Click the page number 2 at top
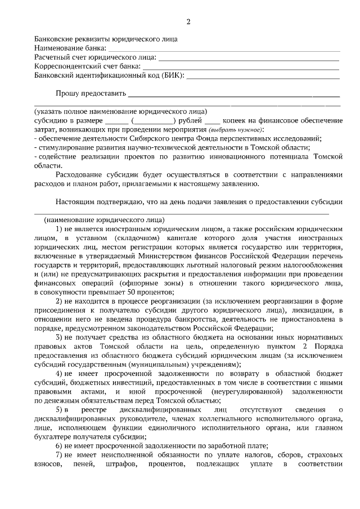(188, 22)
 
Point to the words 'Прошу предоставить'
(91, 93)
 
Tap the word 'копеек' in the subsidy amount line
(235, 120)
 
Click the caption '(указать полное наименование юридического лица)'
(121, 111)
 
